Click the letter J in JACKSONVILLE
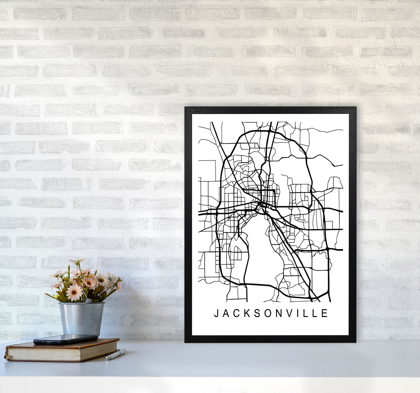point(216,313)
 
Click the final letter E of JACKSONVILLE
point(325,313)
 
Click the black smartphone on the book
point(65,339)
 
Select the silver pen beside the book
point(116,354)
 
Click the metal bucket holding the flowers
point(81,318)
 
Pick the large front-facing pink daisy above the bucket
point(74,292)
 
